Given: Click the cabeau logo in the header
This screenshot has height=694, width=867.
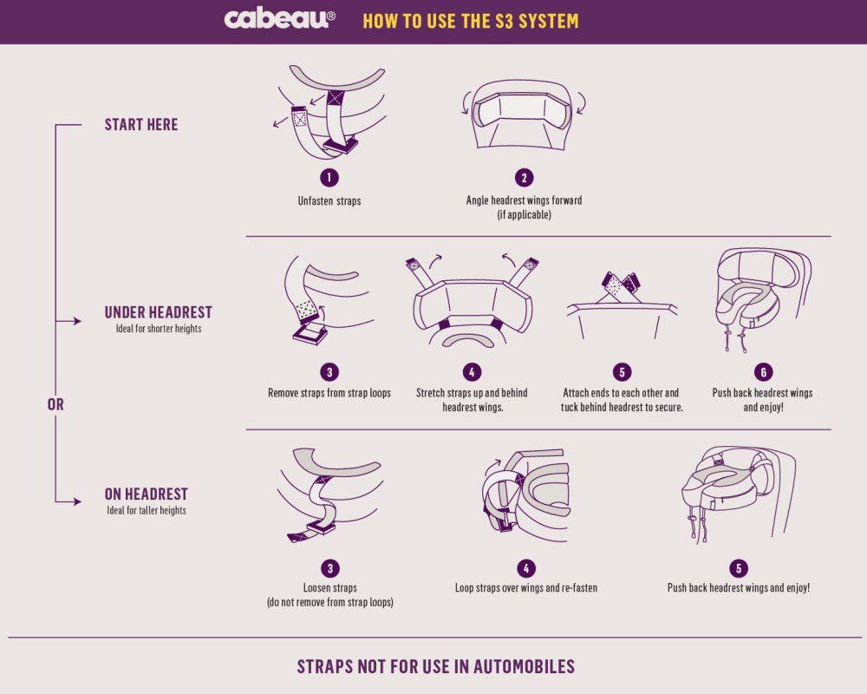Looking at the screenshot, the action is click(279, 19).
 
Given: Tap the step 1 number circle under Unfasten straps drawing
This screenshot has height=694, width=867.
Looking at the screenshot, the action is click(329, 178).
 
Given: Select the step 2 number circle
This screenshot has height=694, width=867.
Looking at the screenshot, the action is click(525, 178).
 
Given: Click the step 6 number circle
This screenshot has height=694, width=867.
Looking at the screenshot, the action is click(763, 372).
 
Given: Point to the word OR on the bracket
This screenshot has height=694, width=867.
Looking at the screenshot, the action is click(55, 404).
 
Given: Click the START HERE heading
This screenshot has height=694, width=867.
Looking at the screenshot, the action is click(141, 125).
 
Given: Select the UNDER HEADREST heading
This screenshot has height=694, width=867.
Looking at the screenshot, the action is click(158, 312).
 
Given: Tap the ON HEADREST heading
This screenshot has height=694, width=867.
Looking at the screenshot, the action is click(146, 494).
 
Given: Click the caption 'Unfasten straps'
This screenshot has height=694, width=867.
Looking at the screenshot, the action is click(329, 201).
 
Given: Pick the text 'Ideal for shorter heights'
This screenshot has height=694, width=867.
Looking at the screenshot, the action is click(159, 329).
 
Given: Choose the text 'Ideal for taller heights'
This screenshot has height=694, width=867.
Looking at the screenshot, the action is click(147, 510).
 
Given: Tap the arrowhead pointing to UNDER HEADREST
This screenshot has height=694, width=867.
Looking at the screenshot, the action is click(77, 321).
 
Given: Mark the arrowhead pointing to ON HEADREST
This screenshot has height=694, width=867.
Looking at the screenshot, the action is click(77, 502).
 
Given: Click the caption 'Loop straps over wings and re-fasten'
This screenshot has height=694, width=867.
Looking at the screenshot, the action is click(526, 588).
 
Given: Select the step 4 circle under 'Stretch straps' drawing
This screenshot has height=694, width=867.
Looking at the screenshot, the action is click(472, 372).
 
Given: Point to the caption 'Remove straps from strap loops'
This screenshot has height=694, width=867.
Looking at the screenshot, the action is click(329, 393).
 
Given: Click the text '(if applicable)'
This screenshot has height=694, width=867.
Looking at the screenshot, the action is click(525, 215).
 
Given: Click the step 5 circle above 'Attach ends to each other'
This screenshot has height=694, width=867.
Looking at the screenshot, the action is click(622, 372).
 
